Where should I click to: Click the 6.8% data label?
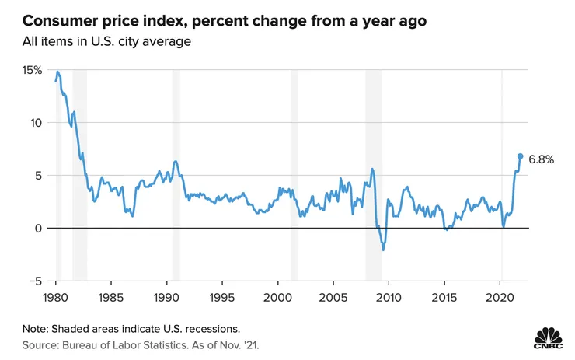pyautogui.click(x=541, y=159)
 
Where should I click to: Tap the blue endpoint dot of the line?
pyautogui.click(x=521, y=156)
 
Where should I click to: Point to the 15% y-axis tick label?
pyautogui.click(x=32, y=70)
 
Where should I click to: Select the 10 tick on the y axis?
pyautogui.click(x=35, y=123)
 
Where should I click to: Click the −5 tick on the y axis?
pyautogui.click(x=34, y=281)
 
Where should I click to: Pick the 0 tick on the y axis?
pyautogui.click(x=38, y=228)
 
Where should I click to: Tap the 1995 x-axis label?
pyautogui.click(x=222, y=297)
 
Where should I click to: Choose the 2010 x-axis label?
pyautogui.click(x=389, y=297)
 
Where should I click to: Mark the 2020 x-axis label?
pyautogui.click(x=500, y=297)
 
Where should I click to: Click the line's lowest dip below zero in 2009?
pyautogui.click(x=383, y=250)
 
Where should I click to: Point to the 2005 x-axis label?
pyautogui.click(x=333, y=297)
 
